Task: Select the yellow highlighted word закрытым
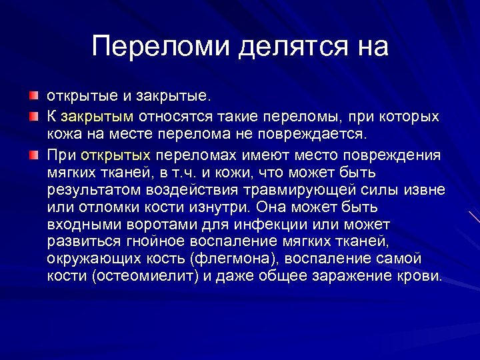(x=97, y=117)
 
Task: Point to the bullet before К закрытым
(x=33, y=117)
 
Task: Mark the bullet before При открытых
(x=33, y=155)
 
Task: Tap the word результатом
(x=91, y=190)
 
